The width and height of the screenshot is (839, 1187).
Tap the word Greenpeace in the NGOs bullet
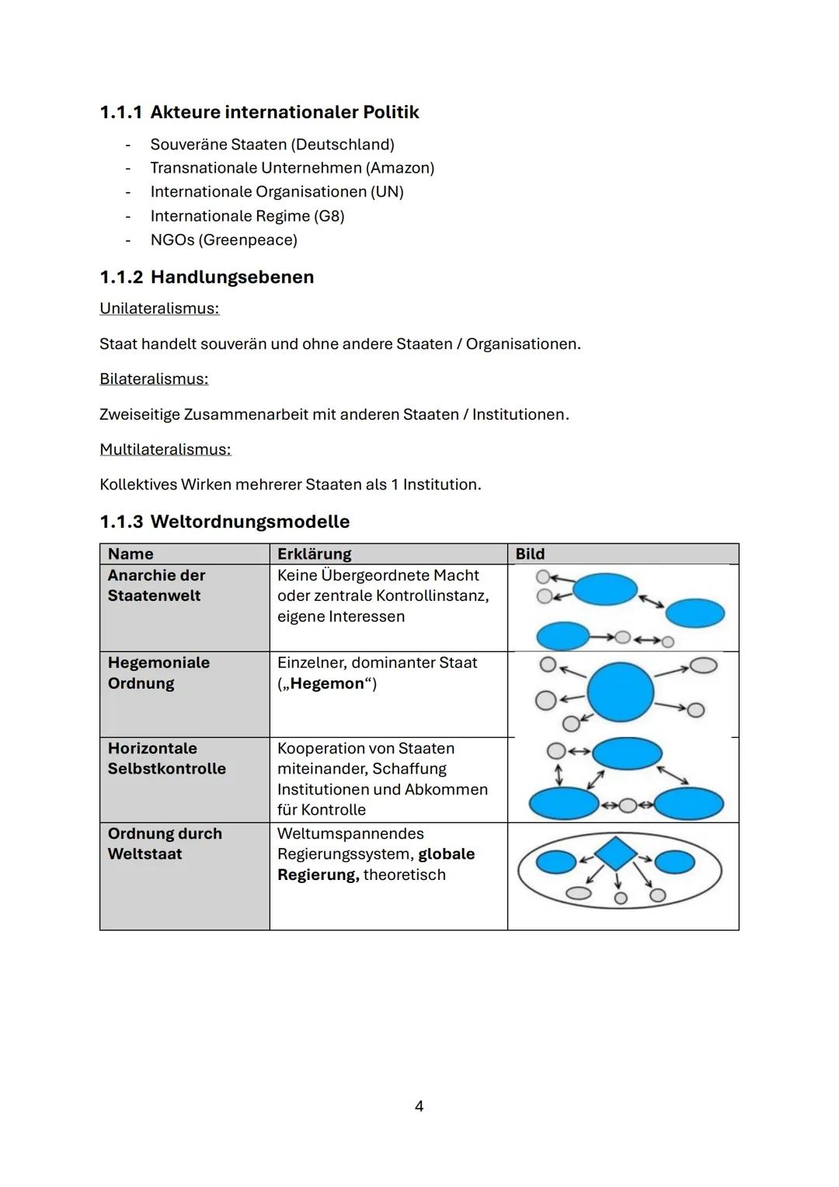tap(247, 240)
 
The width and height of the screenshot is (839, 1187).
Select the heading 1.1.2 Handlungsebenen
tap(207, 278)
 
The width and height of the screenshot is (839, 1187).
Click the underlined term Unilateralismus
tap(159, 309)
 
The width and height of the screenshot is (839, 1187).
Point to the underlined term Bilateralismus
tap(154, 379)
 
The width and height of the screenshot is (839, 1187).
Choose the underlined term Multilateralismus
tap(165, 449)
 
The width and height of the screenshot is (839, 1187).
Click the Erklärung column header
tap(314, 554)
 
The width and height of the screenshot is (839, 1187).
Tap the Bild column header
tap(530, 554)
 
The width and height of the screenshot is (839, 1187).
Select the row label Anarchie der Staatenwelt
tap(156, 585)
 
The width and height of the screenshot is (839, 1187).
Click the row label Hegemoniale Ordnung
tap(158, 673)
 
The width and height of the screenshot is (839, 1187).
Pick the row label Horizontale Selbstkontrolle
tap(166, 759)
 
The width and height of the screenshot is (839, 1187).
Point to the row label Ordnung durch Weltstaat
tap(165, 844)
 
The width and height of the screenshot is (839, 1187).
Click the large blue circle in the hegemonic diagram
tap(620, 693)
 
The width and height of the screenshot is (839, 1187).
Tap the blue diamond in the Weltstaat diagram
tap(616, 854)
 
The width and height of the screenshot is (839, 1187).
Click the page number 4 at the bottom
tap(419, 1106)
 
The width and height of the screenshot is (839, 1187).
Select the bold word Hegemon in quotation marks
tap(327, 684)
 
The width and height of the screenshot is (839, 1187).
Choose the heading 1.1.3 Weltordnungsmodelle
tap(225, 522)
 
